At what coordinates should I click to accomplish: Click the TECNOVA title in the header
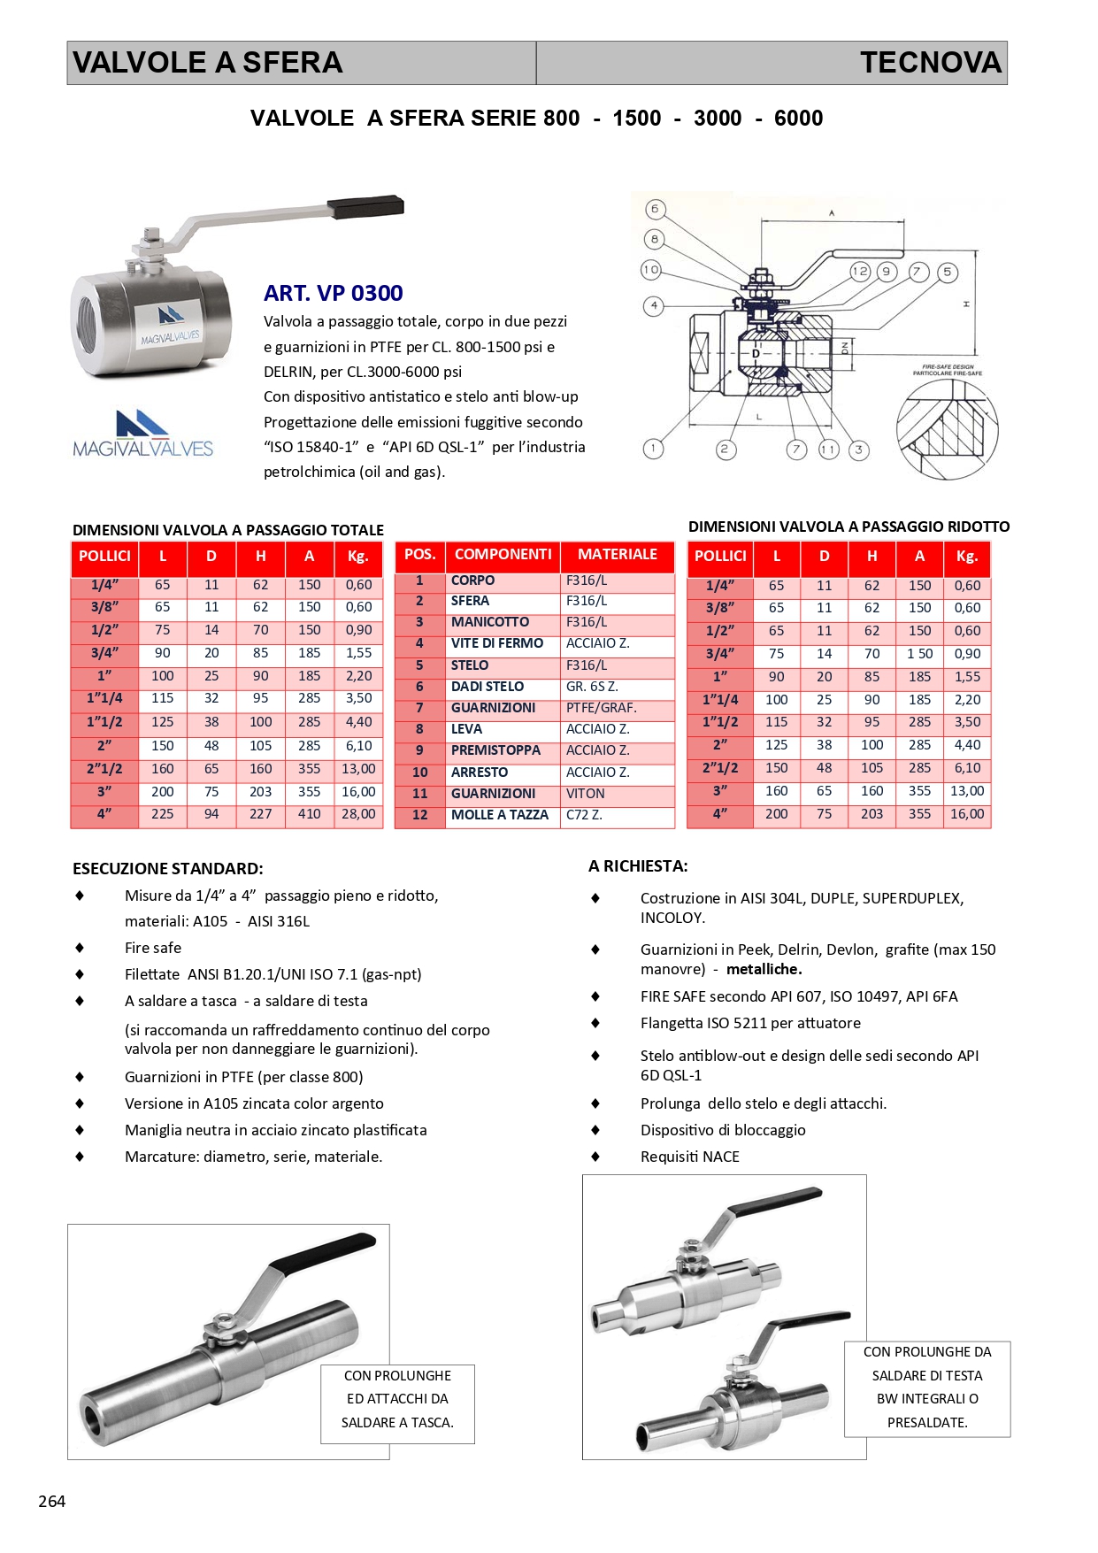(x=930, y=63)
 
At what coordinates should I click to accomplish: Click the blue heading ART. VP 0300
(x=333, y=293)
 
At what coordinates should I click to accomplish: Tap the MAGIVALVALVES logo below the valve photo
(x=142, y=434)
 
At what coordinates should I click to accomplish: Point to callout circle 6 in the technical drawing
(x=655, y=210)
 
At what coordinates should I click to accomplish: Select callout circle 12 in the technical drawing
(x=859, y=272)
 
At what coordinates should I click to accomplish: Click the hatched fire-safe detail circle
(x=947, y=428)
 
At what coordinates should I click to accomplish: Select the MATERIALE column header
(x=617, y=555)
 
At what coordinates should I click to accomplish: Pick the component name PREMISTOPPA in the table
(x=495, y=750)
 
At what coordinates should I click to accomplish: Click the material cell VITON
(x=586, y=794)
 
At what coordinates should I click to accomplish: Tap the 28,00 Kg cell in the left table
(x=358, y=814)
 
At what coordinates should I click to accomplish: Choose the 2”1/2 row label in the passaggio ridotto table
(x=720, y=768)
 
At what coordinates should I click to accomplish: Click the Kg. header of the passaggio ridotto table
(x=967, y=557)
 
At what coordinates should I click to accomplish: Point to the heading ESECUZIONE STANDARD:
(x=168, y=869)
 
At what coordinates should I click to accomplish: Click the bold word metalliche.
(x=764, y=969)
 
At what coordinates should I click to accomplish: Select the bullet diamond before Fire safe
(x=80, y=948)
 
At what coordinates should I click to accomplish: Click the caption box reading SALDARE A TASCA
(x=397, y=1403)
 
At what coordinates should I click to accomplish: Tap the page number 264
(x=52, y=1501)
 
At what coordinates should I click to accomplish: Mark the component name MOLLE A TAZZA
(x=500, y=815)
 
